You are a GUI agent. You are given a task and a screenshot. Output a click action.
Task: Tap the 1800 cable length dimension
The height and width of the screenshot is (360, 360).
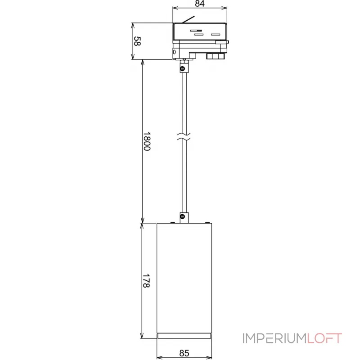point(147,141)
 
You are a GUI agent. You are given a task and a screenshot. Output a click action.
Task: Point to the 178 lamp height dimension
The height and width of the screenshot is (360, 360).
point(147,280)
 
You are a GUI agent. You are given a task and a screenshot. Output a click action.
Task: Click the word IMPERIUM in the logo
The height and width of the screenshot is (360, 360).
point(274,338)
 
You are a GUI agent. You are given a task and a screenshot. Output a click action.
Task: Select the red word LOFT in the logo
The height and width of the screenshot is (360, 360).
point(325,338)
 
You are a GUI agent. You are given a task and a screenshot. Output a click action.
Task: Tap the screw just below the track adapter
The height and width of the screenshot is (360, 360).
point(183,68)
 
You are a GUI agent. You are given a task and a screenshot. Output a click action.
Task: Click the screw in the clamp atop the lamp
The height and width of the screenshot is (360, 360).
point(183,216)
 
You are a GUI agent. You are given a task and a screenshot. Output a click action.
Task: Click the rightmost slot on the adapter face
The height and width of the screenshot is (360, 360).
point(216,34)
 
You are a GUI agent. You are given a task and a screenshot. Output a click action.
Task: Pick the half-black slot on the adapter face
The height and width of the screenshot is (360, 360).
point(196,30)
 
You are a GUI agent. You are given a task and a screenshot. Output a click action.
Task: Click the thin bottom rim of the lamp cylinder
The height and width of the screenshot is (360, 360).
point(184,336)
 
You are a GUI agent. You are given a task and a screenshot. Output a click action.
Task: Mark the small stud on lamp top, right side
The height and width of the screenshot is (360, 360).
point(207,222)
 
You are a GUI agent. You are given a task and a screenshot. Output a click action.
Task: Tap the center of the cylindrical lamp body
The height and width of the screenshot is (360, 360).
point(184,279)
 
